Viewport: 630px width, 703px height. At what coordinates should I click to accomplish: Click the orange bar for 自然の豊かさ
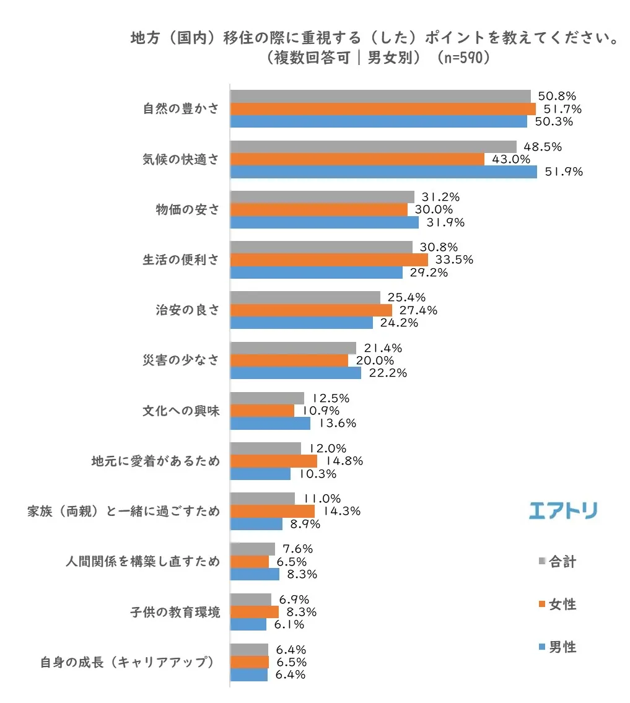click(x=383, y=109)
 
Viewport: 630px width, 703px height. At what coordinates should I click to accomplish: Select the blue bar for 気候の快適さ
click(x=383, y=172)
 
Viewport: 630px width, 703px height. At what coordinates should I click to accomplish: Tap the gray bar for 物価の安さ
click(x=322, y=197)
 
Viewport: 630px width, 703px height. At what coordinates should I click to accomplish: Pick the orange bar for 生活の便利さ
click(x=329, y=260)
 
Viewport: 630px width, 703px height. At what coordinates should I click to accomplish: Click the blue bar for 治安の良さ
click(x=302, y=323)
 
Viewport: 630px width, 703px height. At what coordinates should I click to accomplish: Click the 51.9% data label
click(x=563, y=172)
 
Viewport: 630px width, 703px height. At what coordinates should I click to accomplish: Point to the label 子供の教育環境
click(x=174, y=612)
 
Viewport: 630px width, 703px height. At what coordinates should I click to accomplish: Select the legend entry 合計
click(x=562, y=562)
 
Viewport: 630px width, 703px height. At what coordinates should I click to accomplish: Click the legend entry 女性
click(x=562, y=605)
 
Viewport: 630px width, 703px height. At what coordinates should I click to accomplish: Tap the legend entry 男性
click(x=562, y=647)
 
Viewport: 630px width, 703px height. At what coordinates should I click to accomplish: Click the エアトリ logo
click(x=563, y=510)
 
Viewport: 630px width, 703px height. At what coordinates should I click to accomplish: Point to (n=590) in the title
click(x=455, y=58)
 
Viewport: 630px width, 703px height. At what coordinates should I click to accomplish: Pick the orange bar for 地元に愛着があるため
click(x=273, y=461)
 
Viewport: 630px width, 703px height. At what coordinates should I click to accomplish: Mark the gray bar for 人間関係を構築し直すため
click(x=253, y=549)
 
